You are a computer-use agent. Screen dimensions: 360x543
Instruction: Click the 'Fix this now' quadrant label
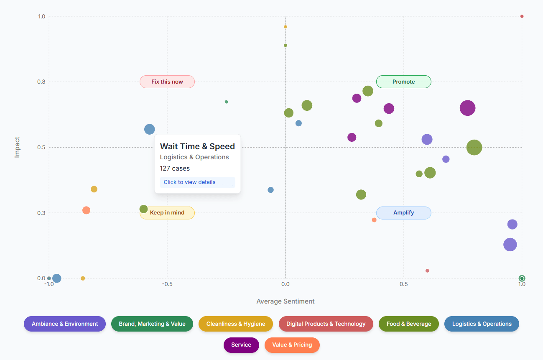167,82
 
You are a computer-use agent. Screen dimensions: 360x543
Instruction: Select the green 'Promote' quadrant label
403,82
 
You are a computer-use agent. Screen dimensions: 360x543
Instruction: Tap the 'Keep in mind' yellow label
167,213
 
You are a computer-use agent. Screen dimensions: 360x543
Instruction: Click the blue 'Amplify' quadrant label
403,213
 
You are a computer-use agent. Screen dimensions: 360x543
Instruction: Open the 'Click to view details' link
189,182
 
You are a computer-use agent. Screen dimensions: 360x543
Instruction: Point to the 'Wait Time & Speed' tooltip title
197,146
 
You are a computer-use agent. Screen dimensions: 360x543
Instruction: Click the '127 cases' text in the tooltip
175,169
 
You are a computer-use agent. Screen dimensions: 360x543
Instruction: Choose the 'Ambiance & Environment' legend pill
65,324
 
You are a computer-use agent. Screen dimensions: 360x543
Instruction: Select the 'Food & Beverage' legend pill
409,324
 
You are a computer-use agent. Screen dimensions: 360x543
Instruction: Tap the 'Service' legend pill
241,345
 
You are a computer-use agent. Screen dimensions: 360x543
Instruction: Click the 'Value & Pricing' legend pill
292,345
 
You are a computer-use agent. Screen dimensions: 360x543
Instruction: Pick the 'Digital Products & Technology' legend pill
326,324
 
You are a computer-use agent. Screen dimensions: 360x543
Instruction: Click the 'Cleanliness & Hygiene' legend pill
236,324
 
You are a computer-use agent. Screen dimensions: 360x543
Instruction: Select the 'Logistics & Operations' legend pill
482,324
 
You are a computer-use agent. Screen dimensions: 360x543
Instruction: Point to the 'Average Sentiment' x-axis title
286,301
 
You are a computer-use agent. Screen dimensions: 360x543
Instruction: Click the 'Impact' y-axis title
17,147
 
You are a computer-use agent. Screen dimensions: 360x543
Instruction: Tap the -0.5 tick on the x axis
167,284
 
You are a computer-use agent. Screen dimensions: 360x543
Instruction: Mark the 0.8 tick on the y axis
41,82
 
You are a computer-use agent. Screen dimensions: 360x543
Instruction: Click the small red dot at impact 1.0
522,16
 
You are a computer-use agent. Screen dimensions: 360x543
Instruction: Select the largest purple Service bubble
467,108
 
